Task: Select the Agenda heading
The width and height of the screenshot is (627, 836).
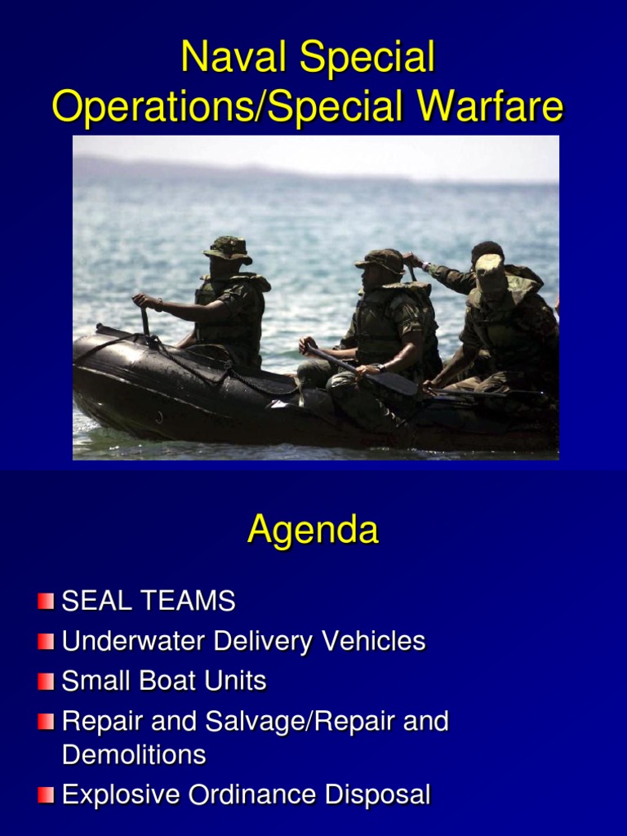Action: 313,531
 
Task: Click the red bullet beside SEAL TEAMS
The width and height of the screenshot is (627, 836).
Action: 46,603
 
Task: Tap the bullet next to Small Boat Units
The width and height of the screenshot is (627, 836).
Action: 46,682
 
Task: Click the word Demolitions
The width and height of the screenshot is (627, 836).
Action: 134,754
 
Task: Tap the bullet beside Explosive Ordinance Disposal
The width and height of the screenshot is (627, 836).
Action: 46,795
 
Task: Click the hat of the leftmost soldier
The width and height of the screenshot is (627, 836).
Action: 227,248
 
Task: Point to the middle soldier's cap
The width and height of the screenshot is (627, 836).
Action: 380,260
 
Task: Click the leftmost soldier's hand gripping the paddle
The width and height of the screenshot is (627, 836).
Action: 145,301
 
